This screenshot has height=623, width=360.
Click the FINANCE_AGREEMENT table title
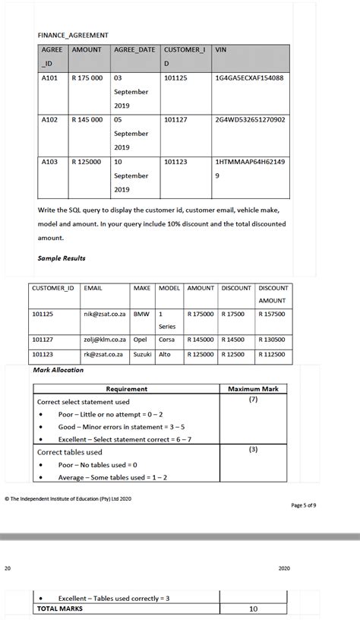[73, 35]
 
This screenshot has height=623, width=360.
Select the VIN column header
[222, 49]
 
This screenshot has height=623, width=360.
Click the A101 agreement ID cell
[50, 78]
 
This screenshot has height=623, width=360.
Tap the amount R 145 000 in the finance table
[87, 119]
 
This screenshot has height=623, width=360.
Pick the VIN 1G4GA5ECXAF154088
[250, 78]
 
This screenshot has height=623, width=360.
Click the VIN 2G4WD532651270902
[251, 119]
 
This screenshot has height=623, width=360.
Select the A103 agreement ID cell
[50, 162]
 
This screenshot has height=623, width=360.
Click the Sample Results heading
[62, 258]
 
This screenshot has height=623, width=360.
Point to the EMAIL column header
[93, 289]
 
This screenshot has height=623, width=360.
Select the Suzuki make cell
[143, 354]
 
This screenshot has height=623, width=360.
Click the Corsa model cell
[166, 340]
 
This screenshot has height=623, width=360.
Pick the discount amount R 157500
[273, 313]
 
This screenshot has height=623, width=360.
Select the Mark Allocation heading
[58, 370]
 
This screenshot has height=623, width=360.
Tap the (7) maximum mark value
[253, 400]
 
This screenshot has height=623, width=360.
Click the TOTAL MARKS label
[60, 609]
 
